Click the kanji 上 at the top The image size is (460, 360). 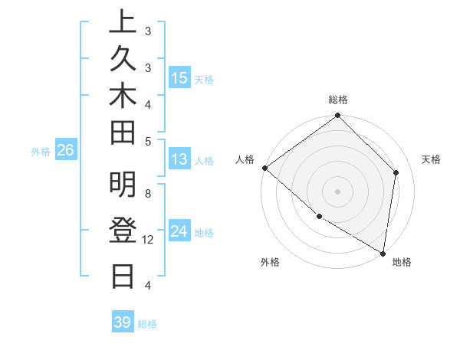point(123,22)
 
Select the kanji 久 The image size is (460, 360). point(123,57)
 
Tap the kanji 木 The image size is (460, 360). point(123,96)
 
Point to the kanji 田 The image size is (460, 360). point(123,133)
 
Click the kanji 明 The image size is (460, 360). point(123,185)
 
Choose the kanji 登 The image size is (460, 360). point(123,231)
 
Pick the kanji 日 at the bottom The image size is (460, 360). point(123,275)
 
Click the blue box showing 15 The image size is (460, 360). point(179,78)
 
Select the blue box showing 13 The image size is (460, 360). point(179,160)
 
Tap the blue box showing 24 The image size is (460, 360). point(179,232)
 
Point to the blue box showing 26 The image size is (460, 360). point(66,151)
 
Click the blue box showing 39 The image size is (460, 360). point(123,322)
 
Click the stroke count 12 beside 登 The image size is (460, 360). point(149,240)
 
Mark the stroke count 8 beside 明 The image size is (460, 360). point(148,195)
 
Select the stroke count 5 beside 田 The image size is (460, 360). point(148,141)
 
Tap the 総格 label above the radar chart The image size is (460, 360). point(338,100)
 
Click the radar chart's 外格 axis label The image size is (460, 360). point(270,262)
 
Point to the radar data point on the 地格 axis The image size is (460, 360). point(383,253)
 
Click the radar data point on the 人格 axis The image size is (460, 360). point(264,168)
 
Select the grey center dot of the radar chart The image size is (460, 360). point(338,191)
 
